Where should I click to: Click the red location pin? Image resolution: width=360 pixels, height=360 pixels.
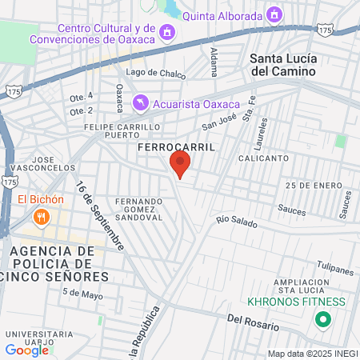[180, 165]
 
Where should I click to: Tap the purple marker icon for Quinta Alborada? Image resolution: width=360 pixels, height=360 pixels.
[275, 14]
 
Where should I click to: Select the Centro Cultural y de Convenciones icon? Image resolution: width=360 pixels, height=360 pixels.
[167, 32]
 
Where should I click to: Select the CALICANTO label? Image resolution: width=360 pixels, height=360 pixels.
[262, 158]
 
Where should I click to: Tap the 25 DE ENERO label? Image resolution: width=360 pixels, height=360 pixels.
[308, 185]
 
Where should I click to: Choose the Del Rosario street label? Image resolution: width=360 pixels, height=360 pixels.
[253, 322]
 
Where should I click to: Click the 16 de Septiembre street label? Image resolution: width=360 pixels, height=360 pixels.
[101, 215]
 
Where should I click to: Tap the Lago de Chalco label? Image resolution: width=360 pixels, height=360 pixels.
[156, 72]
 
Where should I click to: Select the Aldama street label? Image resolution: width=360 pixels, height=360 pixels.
[214, 62]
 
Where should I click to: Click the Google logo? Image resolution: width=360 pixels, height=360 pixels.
[26, 350]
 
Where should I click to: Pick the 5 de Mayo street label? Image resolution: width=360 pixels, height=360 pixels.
[83, 293]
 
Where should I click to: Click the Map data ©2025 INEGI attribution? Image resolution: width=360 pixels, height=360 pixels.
[312, 354]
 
